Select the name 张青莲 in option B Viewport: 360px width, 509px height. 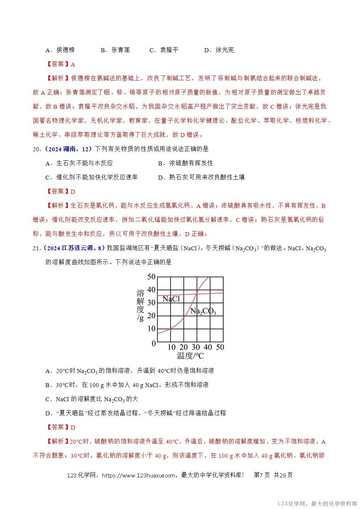pos(120,50)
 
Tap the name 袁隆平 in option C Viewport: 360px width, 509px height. pos(169,50)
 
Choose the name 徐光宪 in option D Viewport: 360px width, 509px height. pos(225,50)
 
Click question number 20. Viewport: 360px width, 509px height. pos(36,149)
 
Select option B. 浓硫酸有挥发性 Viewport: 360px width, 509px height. pos(185,163)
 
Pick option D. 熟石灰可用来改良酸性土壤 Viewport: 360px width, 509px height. pos(201,177)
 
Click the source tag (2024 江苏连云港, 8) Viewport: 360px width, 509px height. pos(74,248)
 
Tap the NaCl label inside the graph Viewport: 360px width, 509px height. pos(171,299)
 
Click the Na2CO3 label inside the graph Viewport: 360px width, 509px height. pos(203,311)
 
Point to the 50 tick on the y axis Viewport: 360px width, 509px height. pos(151,277)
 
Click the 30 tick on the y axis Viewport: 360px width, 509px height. pos(151,303)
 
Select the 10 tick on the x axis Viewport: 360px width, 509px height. pos(171,347)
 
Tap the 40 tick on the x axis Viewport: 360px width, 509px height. pos(208,347)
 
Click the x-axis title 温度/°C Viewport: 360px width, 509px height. pos(190,356)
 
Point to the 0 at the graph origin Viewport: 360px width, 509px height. pos(154,343)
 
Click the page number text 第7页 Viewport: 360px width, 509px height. pos(262,475)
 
